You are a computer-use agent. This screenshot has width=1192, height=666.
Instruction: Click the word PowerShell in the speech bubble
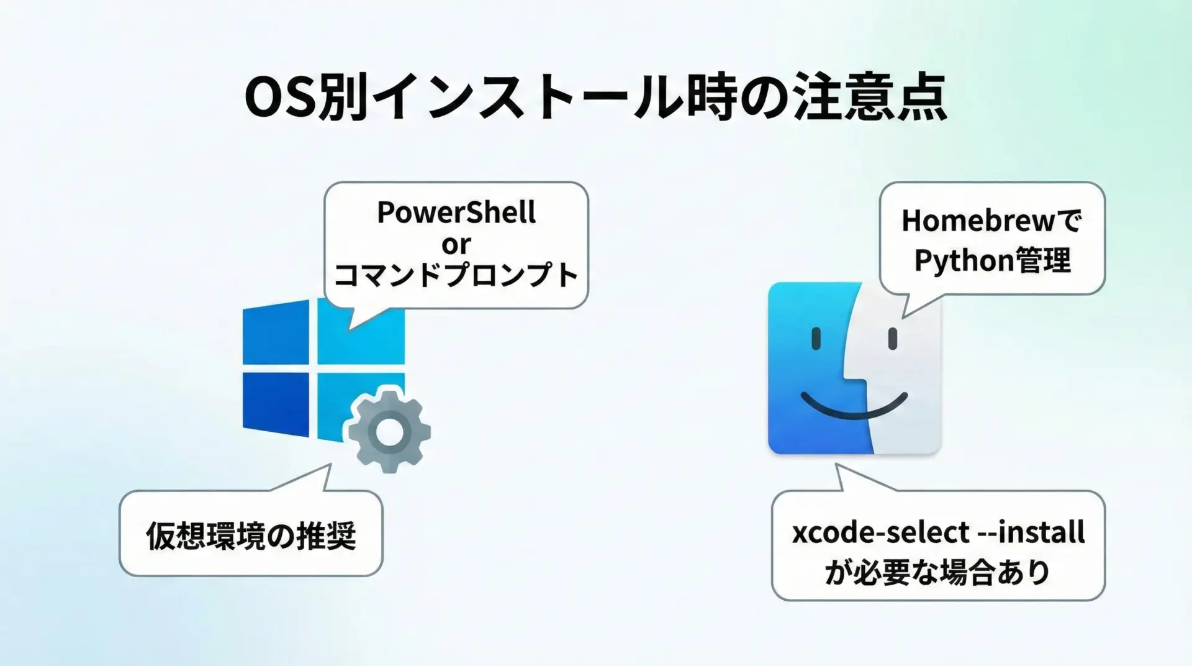coord(456,213)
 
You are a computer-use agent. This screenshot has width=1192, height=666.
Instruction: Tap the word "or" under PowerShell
coord(456,245)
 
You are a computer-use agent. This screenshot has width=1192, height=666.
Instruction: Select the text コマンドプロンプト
coord(456,275)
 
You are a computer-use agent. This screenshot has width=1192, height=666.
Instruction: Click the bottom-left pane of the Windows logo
coord(276,404)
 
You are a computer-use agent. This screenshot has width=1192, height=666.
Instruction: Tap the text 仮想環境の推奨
coord(251,536)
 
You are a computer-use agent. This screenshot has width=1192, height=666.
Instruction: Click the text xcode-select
coord(881,533)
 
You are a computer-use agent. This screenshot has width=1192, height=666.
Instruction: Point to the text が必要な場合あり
coord(937,572)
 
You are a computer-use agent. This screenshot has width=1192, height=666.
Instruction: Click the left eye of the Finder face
coord(816,339)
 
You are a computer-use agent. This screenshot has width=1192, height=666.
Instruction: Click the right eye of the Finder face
coord(893,339)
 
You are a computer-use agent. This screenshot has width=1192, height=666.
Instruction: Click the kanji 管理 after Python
coord(1044,260)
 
